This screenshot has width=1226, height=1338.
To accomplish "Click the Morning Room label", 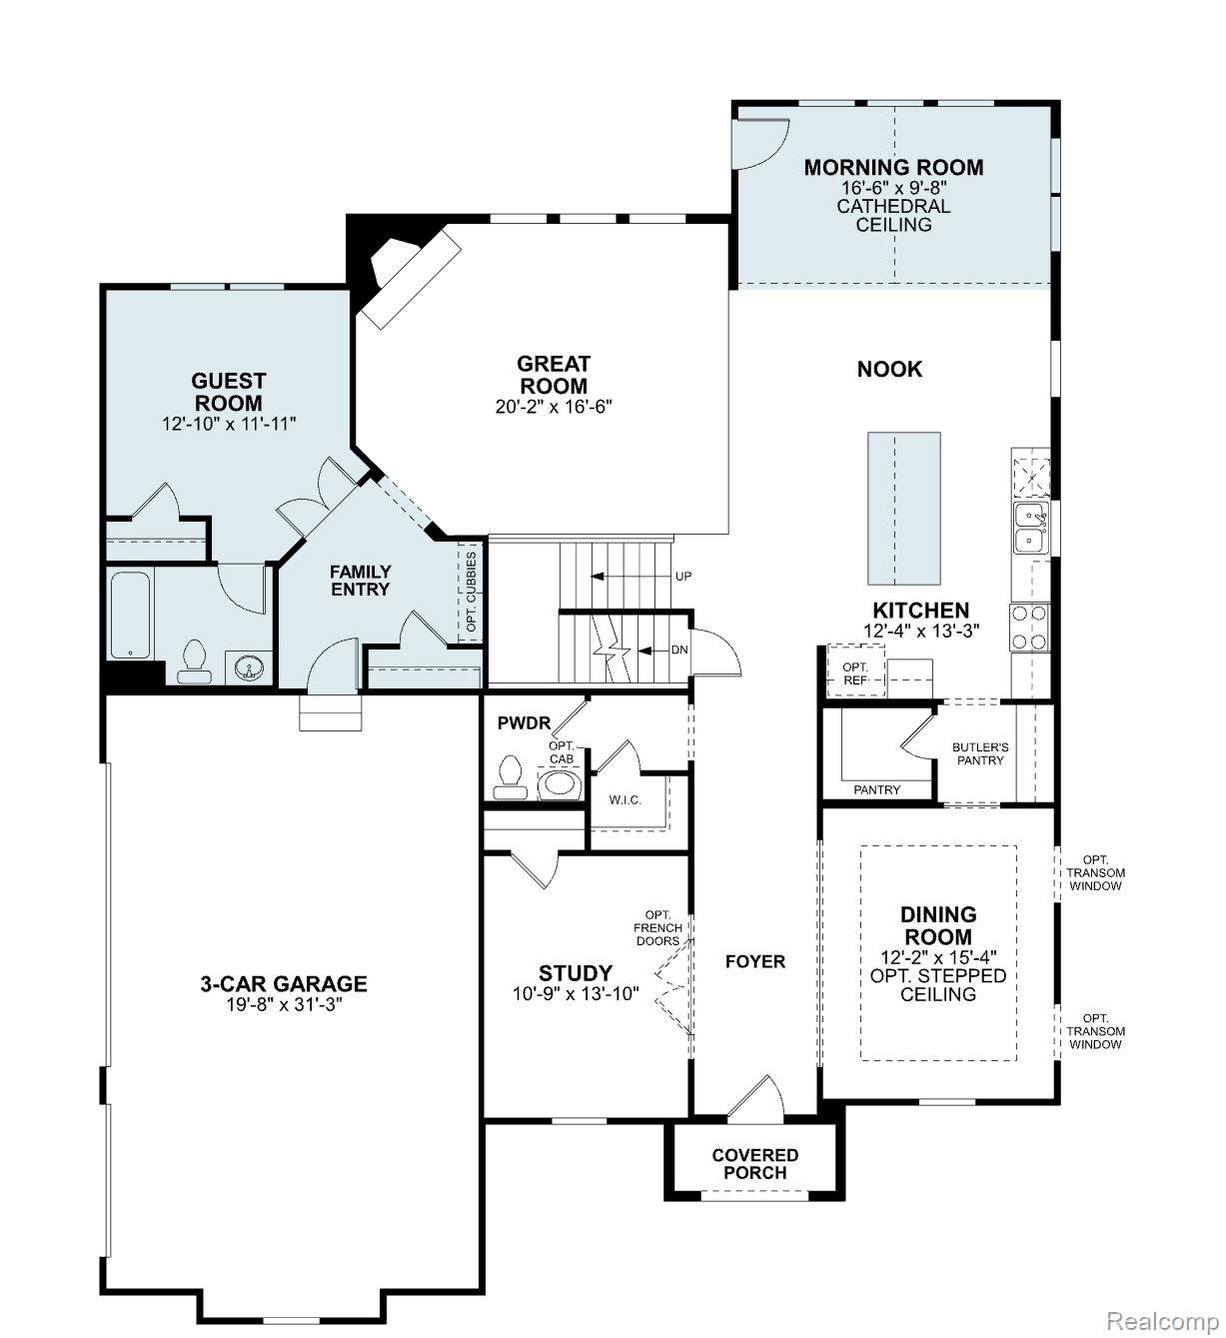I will [893, 168].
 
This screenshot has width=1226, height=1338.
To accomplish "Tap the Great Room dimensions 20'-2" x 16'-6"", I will [553, 407].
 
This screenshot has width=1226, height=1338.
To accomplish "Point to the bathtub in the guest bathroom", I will [130, 615].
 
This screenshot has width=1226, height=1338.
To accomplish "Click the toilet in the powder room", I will [511, 777].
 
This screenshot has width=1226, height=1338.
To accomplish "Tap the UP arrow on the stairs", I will [600, 577].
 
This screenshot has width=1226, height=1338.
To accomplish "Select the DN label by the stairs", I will [679, 651].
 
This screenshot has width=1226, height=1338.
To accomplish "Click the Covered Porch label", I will [754, 1164].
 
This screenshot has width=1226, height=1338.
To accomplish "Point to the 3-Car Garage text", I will [284, 984].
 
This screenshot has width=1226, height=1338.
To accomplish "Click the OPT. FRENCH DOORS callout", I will [657, 928].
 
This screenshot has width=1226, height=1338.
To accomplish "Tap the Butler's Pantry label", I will [979, 753].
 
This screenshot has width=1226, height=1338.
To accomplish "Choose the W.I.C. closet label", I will [624, 800].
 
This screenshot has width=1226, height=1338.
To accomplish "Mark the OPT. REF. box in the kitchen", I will [855, 673].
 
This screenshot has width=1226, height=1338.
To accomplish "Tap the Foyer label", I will [754, 961].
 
